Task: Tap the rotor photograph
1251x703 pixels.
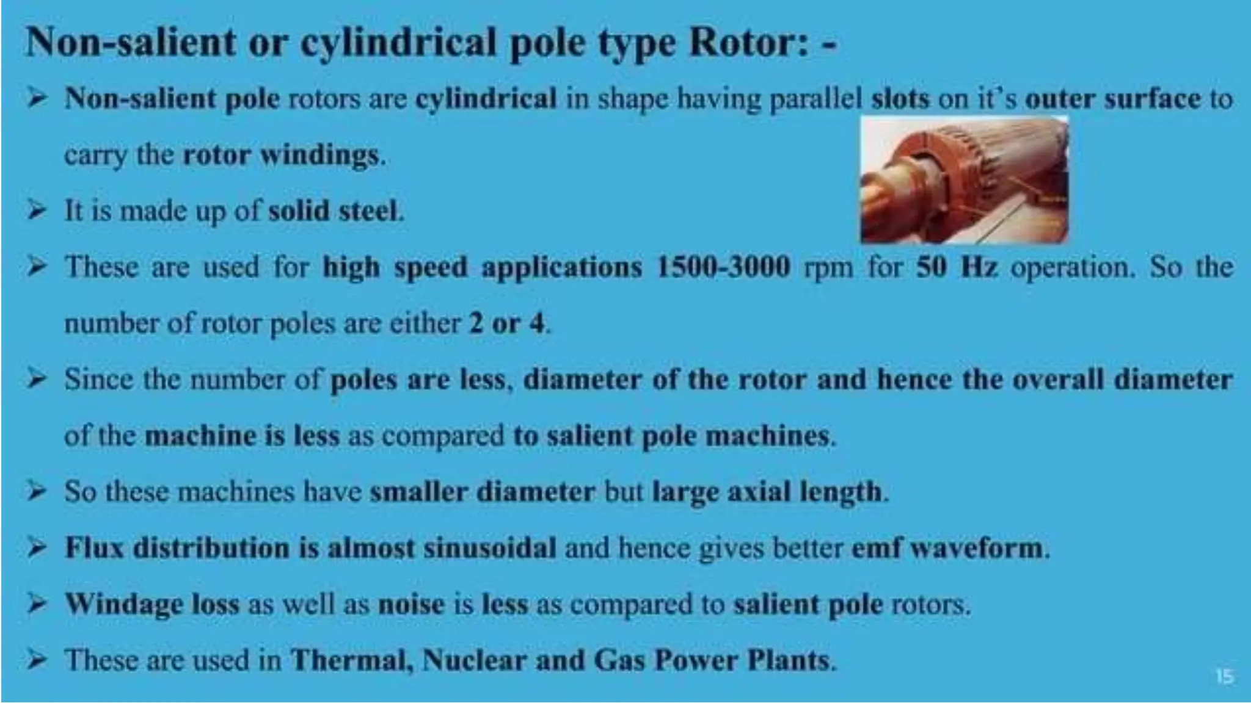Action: pos(964,181)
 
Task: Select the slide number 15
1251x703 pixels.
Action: pos(1224,676)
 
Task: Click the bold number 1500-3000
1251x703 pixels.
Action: pos(723,267)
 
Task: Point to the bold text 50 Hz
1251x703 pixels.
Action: pos(957,267)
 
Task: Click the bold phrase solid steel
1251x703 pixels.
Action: pos(335,211)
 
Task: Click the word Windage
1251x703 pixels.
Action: pos(124,604)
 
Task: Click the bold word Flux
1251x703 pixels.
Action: pos(95,548)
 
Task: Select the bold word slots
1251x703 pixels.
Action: pos(900,99)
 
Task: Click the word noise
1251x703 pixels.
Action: pos(411,604)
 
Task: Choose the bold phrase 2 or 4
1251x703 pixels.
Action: pos(506,323)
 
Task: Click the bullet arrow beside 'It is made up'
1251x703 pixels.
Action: pos(37,211)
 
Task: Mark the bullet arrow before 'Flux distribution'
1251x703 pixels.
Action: pos(37,548)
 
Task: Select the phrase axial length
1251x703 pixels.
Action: pos(804,492)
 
